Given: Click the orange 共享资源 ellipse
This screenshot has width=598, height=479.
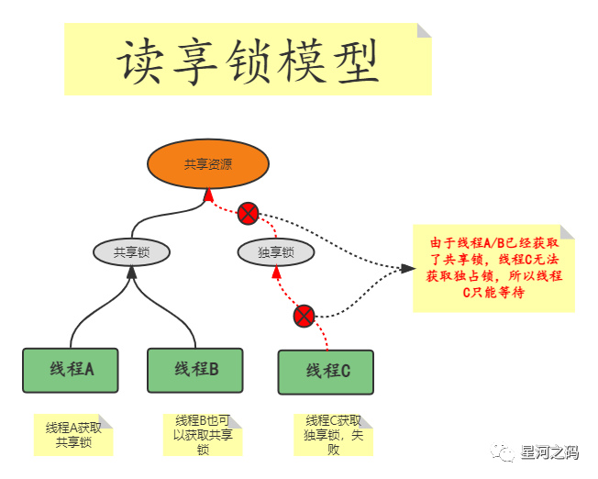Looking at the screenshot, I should (x=208, y=164).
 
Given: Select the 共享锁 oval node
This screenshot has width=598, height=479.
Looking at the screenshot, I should (x=132, y=252).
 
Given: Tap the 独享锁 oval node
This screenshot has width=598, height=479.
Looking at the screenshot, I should (x=275, y=252).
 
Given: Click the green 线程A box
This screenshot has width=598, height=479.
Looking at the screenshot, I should (x=72, y=370).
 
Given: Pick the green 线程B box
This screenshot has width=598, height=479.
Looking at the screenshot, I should (x=195, y=370).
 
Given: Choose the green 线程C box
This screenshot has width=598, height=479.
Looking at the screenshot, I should (x=327, y=372).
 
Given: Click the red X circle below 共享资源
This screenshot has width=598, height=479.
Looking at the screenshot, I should (x=249, y=214).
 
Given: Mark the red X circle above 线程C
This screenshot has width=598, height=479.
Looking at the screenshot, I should (x=305, y=317).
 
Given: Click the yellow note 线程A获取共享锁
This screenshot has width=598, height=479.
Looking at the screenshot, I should (x=73, y=435).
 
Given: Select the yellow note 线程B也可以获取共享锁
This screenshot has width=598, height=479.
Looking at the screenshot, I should (x=203, y=435).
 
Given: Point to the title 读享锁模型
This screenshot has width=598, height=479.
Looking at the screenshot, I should (x=248, y=61).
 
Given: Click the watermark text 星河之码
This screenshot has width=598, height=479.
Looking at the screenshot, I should (x=548, y=451).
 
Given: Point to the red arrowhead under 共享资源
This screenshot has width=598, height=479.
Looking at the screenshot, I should (x=209, y=195).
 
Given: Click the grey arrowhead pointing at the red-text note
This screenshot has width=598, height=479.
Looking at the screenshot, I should (x=406, y=269).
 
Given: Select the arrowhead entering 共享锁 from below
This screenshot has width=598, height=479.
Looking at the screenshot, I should (x=132, y=273).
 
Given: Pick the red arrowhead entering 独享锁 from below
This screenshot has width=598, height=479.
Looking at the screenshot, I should (x=275, y=273).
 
